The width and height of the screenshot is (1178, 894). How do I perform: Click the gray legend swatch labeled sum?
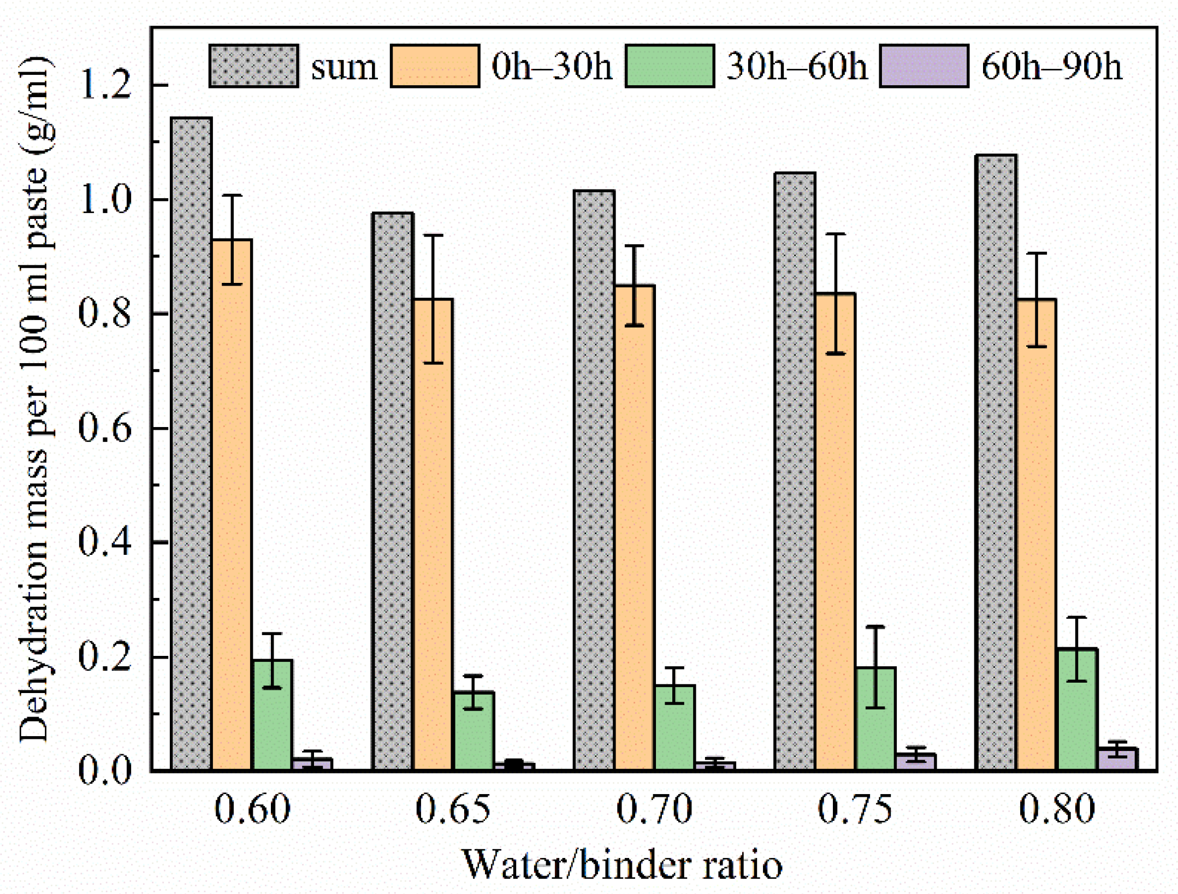[254, 66]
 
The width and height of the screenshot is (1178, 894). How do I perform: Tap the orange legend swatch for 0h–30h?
[435, 66]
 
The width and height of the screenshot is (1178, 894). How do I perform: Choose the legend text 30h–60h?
[797, 67]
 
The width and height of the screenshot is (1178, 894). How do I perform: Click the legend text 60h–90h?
[1052, 67]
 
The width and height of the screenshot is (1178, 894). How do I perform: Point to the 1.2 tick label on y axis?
[105, 85]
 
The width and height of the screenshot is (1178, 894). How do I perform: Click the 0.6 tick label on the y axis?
[105, 428]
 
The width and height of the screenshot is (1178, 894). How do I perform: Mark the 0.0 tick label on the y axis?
[105, 771]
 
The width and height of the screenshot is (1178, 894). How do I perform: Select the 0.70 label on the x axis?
[654, 809]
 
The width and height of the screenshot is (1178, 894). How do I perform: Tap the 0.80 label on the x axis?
[1057, 809]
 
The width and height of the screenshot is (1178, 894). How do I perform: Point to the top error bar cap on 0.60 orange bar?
[232, 195]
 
